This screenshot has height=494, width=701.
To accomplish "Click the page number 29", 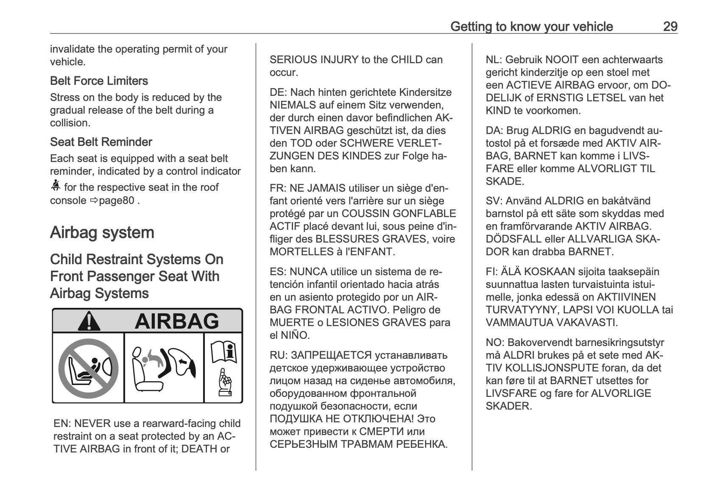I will (670, 27).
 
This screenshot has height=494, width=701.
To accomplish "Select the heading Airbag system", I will (102, 233).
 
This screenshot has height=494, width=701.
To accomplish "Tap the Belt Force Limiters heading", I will (99, 81).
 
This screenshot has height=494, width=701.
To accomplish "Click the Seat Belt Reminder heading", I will (101, 142).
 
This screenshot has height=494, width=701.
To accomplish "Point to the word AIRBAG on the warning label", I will (176, 321).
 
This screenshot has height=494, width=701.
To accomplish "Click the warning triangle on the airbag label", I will (89, 321).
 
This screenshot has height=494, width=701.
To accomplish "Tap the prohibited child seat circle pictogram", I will (88, 368).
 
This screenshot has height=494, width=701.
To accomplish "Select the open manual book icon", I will (223, 352).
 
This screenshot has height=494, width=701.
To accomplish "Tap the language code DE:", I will (278, 92).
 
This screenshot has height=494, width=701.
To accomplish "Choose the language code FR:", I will (278, 188).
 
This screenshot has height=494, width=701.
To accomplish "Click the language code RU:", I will (278, 355).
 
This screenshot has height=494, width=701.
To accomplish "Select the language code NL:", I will (494, 60).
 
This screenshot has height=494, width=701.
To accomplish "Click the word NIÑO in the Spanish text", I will (294, 335).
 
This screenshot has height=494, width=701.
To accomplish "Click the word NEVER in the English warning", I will (92, 424).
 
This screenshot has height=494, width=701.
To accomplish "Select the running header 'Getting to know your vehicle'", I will (531, 27).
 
